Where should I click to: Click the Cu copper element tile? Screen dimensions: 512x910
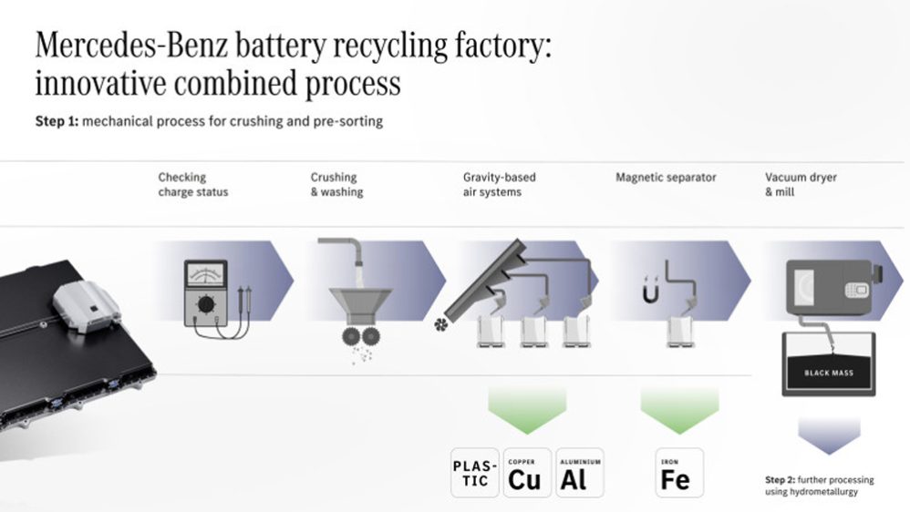coord(527,472)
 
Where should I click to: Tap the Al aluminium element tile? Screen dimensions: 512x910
coord(578,472)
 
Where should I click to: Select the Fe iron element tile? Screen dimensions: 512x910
coord(679,472)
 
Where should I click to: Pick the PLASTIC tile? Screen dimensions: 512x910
coord(476,472)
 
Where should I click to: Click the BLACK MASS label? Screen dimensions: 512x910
coord(828,373)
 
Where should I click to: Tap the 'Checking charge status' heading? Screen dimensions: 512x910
coord(193,185)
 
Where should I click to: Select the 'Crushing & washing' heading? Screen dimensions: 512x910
coord(336,185)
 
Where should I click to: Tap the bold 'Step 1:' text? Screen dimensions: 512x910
coord(57,121)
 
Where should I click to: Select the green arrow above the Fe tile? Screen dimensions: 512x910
coord(679,410)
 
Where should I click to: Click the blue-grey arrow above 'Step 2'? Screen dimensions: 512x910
coord(828,434)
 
